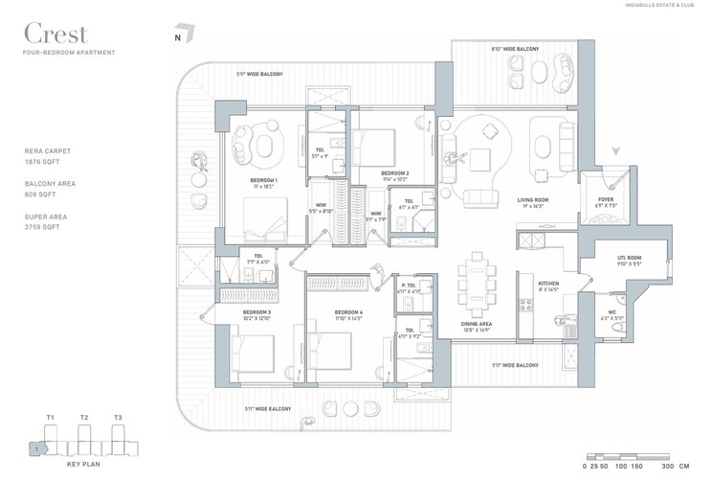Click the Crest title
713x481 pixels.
point(56,34)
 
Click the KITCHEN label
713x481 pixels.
point(548,284)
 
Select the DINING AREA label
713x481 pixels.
point(476,324)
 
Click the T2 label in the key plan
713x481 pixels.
point(83,417)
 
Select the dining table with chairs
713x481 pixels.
point(476,285)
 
